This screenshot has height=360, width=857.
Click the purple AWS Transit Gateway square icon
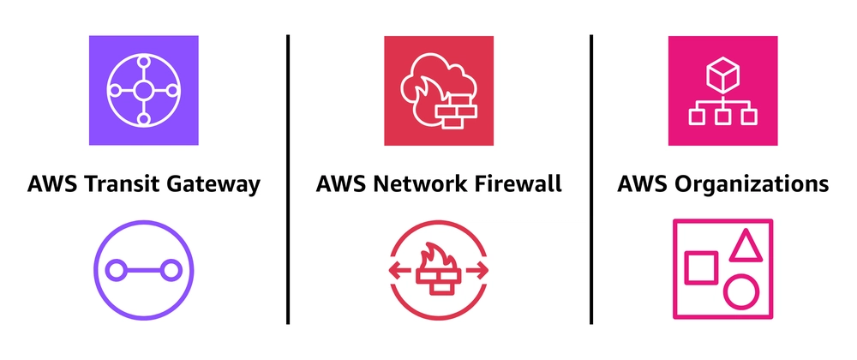click(x=143, y=90)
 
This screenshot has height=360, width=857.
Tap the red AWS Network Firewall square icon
click(x=438, y=90)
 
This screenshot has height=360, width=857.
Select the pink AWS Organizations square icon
click(x=722, y=90)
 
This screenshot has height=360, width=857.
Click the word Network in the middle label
click(x=423, y=184)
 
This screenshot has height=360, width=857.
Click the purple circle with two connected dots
click(x=143, y=271)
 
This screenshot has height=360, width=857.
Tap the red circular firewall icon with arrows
click(x=438, y=271)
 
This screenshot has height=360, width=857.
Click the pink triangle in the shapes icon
click(x=745, y=245)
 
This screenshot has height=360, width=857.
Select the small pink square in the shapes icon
click(x=701, y=266)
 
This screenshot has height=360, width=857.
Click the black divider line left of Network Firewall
click(x=287, y=180)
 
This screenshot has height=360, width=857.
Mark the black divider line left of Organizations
click(x=591, y=180)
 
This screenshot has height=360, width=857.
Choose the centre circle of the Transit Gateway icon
click(x=143, y=90)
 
